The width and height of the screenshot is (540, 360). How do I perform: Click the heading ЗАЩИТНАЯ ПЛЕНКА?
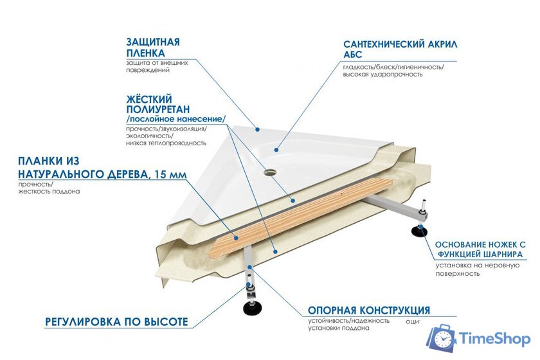[x=153, y=47]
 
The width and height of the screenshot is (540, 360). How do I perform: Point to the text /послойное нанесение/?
[x=176, y=120]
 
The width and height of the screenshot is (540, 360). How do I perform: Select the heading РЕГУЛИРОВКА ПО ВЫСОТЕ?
[x=116, y=321]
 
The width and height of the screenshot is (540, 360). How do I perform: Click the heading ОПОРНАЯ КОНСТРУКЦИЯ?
[x=369, y=310]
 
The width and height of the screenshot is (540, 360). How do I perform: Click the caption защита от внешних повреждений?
[x=157, y=66]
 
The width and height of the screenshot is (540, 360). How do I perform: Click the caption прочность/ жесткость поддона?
[x=49, y=188]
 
